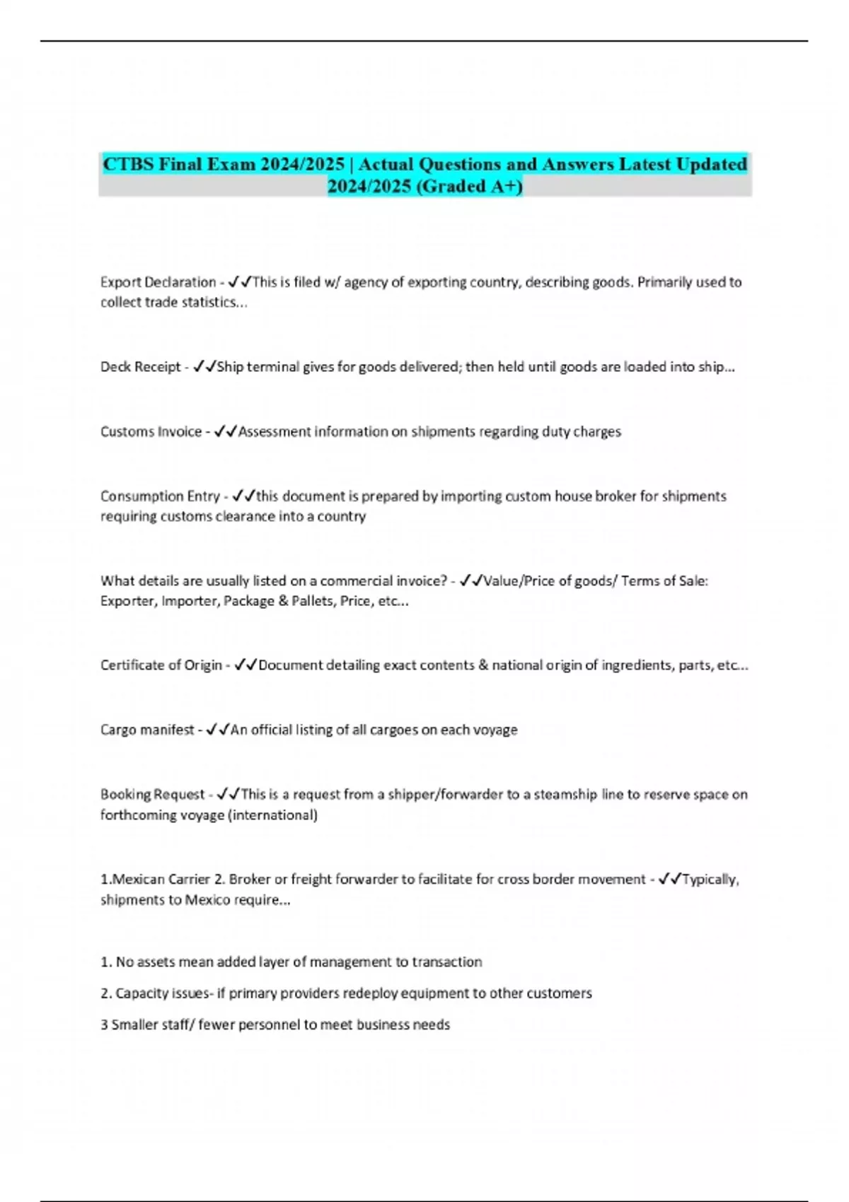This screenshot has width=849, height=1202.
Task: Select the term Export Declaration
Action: coord(158,282)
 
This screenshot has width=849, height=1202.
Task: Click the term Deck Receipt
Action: coord(141,367)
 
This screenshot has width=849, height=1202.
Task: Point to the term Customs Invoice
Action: coord(151,431)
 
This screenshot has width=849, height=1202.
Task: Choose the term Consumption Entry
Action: coord(160,496)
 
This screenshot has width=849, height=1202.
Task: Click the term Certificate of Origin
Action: coord(161,665)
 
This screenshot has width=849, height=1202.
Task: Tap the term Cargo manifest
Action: coord(147,730)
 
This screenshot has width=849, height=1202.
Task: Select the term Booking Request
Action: coord(152,795)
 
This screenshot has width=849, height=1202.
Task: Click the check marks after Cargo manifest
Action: coord(217,730)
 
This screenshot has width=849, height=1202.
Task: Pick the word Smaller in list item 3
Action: coord(132,1025)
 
